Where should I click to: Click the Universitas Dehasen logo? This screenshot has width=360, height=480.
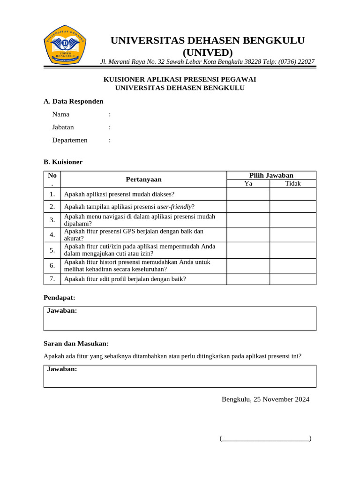[x=65, y=46]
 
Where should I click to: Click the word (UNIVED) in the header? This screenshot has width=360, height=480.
[x=207, y=52]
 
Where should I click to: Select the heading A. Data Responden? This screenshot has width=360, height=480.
[x=73, y=101]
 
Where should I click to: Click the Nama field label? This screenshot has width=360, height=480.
[x=61, y=114]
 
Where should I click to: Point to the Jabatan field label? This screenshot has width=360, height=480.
[x=63, y=127]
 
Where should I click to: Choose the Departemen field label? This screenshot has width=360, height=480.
[x=70, y=140]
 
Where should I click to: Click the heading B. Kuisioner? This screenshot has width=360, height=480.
[x=63, y=162]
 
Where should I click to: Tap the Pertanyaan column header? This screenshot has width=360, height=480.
[x=143, y=179]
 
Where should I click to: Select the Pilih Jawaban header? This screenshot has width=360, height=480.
[x=271, y=175]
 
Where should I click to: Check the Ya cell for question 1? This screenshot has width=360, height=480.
[x=248, y=194]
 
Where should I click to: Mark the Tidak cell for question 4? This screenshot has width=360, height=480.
[x=292, y=234]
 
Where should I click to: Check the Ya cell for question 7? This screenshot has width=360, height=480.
[x=248, y=279]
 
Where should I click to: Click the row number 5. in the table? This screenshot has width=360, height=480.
[x=52, y=250]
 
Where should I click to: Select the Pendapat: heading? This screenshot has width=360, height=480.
[x=59, y=298]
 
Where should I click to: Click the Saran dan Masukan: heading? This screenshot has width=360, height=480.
[x=76, y=344]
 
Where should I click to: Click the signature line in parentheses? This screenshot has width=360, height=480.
[x=265, y=439]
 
